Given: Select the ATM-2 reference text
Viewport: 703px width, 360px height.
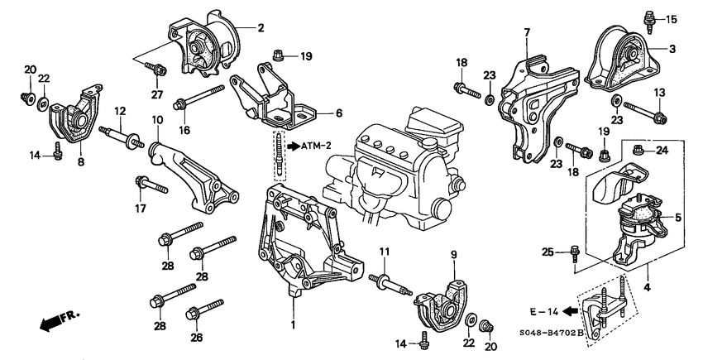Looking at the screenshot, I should click(313, 146).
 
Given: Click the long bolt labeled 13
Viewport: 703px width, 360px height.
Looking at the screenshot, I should click(644, 110).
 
